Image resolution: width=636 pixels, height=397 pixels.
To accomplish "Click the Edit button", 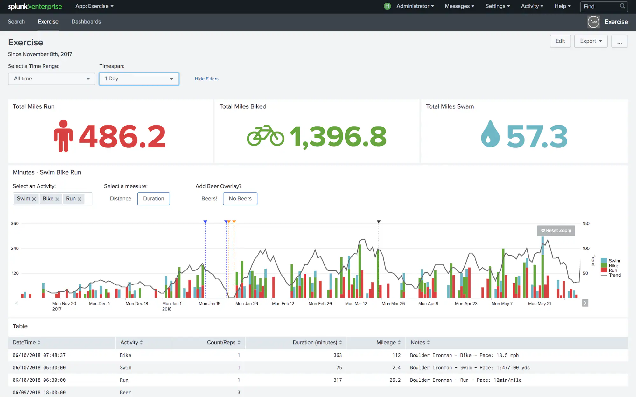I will [560, 41].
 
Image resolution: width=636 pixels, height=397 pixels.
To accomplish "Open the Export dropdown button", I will [591, 41].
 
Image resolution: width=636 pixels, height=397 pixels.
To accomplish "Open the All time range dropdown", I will [52, 79].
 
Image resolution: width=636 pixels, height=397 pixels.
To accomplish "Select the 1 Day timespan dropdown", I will [139, 79].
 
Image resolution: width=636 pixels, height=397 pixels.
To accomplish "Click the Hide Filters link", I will [206, 79].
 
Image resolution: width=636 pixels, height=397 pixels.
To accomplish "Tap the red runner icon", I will [63, 136].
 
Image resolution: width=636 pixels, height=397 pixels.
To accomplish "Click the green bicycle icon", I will [265, 136].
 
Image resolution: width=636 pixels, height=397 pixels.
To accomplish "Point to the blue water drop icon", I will [490, 134].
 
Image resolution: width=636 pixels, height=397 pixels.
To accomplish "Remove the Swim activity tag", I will [34, 199].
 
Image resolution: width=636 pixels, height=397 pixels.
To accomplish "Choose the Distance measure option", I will [121, 199].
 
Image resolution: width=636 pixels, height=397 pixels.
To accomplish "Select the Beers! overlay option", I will [209, 199].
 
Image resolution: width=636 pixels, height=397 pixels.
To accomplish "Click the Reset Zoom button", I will [556, 231].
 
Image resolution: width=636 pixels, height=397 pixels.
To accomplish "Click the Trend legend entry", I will [614, 275].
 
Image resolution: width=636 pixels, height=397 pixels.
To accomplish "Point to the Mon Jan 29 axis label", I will [247, 304].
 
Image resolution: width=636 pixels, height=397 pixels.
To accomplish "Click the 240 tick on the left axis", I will [15, 248].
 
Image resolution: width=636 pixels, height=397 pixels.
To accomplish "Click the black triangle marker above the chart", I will [379, 222].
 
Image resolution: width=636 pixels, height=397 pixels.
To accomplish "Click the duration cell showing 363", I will [338, 355].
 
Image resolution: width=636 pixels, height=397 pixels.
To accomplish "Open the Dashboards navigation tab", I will [86, 22].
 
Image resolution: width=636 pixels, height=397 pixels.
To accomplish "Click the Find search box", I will [600, 6].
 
